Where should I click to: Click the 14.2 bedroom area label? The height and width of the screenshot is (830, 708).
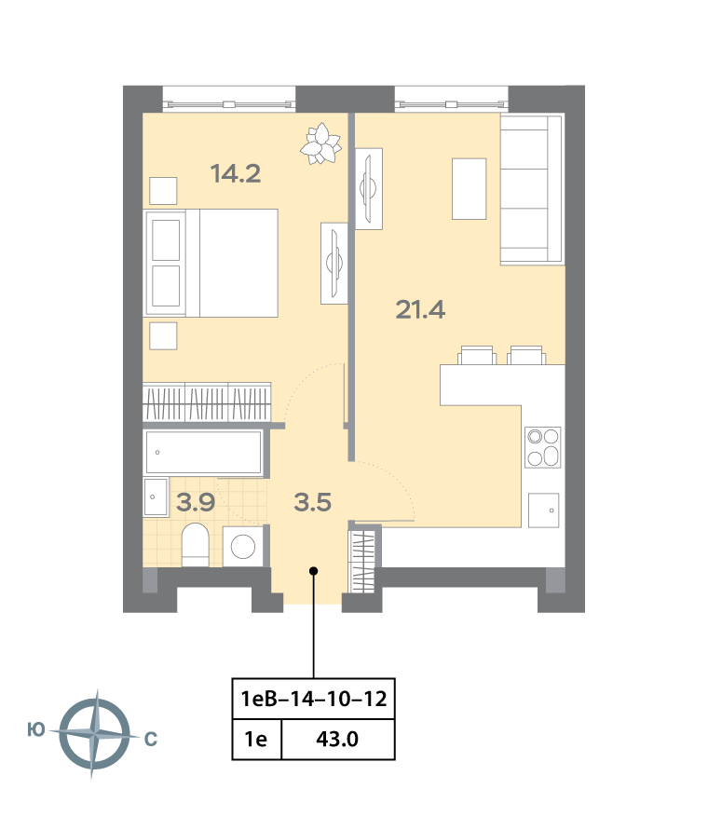point(236,173)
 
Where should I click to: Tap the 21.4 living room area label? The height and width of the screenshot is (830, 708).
point(420,309)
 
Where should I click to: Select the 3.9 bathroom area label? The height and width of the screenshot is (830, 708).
point(196,502)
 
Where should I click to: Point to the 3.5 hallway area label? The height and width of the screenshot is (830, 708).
point(312,502)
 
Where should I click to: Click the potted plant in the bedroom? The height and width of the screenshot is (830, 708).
point(320,143)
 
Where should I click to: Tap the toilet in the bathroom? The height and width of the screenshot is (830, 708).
point(195,545)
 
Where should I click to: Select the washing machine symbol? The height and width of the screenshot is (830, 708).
point(243,546)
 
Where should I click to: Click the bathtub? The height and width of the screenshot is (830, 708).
point(203,452)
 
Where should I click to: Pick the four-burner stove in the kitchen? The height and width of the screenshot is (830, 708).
point(543,447)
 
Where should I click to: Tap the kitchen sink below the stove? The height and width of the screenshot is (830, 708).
point(543,510)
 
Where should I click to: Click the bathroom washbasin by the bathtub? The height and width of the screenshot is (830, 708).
point(156,497)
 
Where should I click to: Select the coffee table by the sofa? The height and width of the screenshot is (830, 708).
point(470,188)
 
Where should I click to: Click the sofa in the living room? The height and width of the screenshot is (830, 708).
point(531,189)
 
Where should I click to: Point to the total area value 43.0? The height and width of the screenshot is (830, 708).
point(337,739)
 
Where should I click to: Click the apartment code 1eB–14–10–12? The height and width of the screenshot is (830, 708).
point(314,699)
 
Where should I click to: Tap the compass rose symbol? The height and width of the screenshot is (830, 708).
point(95,734)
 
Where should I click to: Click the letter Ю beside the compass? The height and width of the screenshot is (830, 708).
point(36,730)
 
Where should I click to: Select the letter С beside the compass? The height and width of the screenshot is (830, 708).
point(151,739)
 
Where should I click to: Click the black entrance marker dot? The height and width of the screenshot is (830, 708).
point(314,571)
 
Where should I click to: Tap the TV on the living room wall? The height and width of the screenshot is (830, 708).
point(369,188)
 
